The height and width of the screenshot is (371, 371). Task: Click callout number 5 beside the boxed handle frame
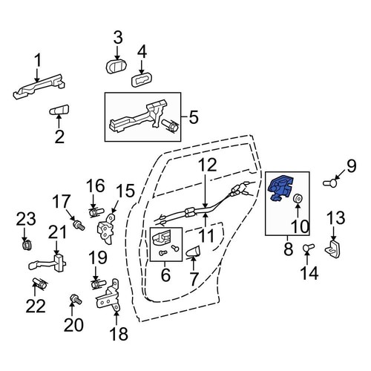[x=194, y=116]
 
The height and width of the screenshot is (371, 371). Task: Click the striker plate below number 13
[x=333, y=246]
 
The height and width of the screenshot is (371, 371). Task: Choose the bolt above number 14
[x=308, y=248]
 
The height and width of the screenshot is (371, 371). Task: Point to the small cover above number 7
[x=192, y=252]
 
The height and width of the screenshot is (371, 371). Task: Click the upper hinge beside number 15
[x=106, y=226]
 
